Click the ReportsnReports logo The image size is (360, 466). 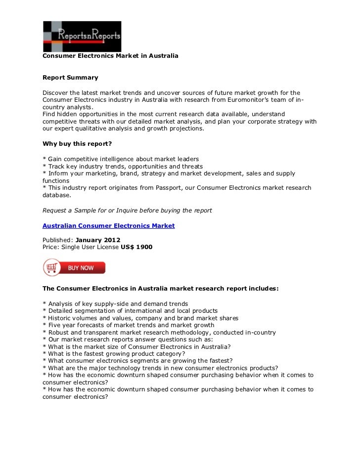(82, 36)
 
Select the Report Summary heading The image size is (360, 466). (70, 78)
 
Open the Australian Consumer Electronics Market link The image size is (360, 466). (108, 225)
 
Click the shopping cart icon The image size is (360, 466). (51, 268)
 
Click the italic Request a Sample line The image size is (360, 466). (127, 210)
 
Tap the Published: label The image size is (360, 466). (58, 240)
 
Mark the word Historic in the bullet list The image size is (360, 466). (59, 318)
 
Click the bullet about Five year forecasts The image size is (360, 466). (129, 325)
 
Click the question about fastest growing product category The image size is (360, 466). (114, 354)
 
